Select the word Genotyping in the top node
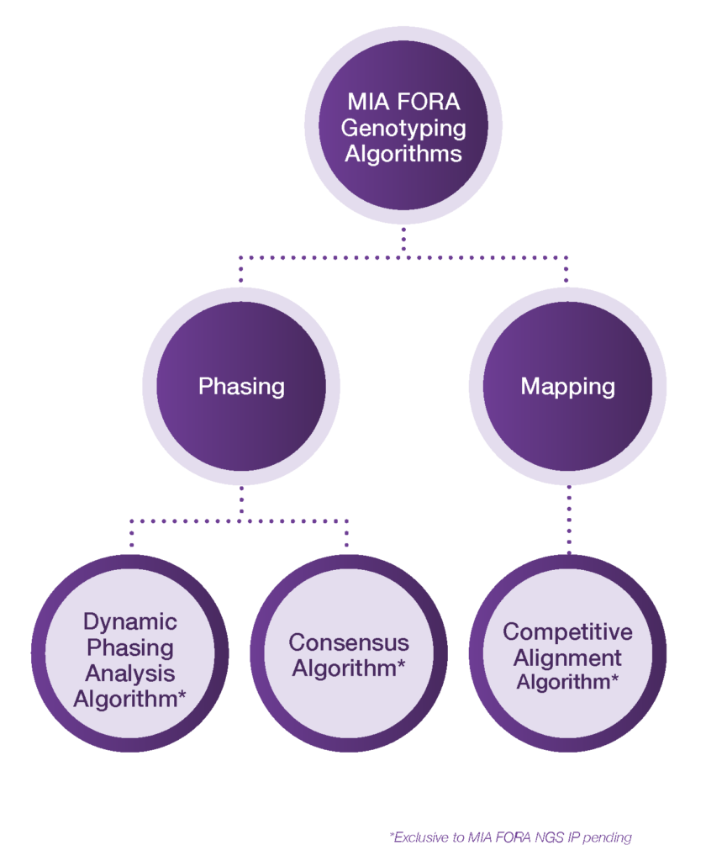point(403,129)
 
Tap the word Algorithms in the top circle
point(403,155)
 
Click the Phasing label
point(241,386)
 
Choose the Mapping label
point(567,386)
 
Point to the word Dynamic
point(130,621)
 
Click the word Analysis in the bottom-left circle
point(130,673)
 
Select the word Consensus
point(349,642)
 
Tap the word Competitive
point(567,631)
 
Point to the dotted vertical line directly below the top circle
point(403,240)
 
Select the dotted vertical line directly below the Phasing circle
point(241,503)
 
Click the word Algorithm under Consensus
point(344,669)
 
